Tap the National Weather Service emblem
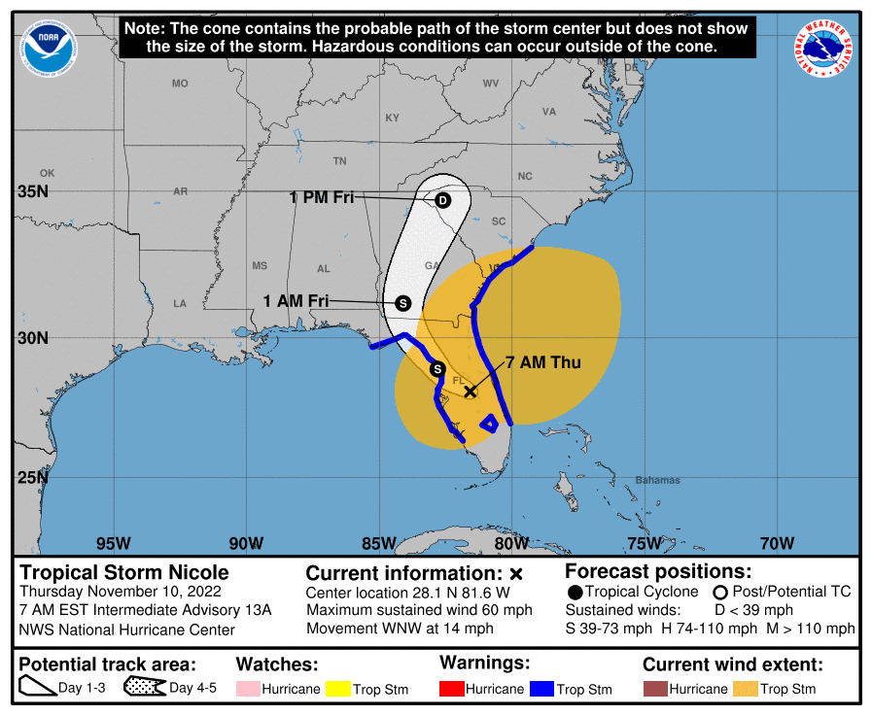tap(826, 49)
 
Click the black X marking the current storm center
tap(470, 391)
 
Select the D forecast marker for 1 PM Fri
tap(442, 201)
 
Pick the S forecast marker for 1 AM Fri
tap(403, 303)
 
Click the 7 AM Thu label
tap(542, 363)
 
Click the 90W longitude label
tap(246, 543)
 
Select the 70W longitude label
tap(776, 543)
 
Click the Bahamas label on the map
tap(658, 481)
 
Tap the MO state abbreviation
tap(180, 84)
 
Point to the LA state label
tap(180, 304)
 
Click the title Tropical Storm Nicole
tap(124, 571)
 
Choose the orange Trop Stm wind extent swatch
tap(746, 689)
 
